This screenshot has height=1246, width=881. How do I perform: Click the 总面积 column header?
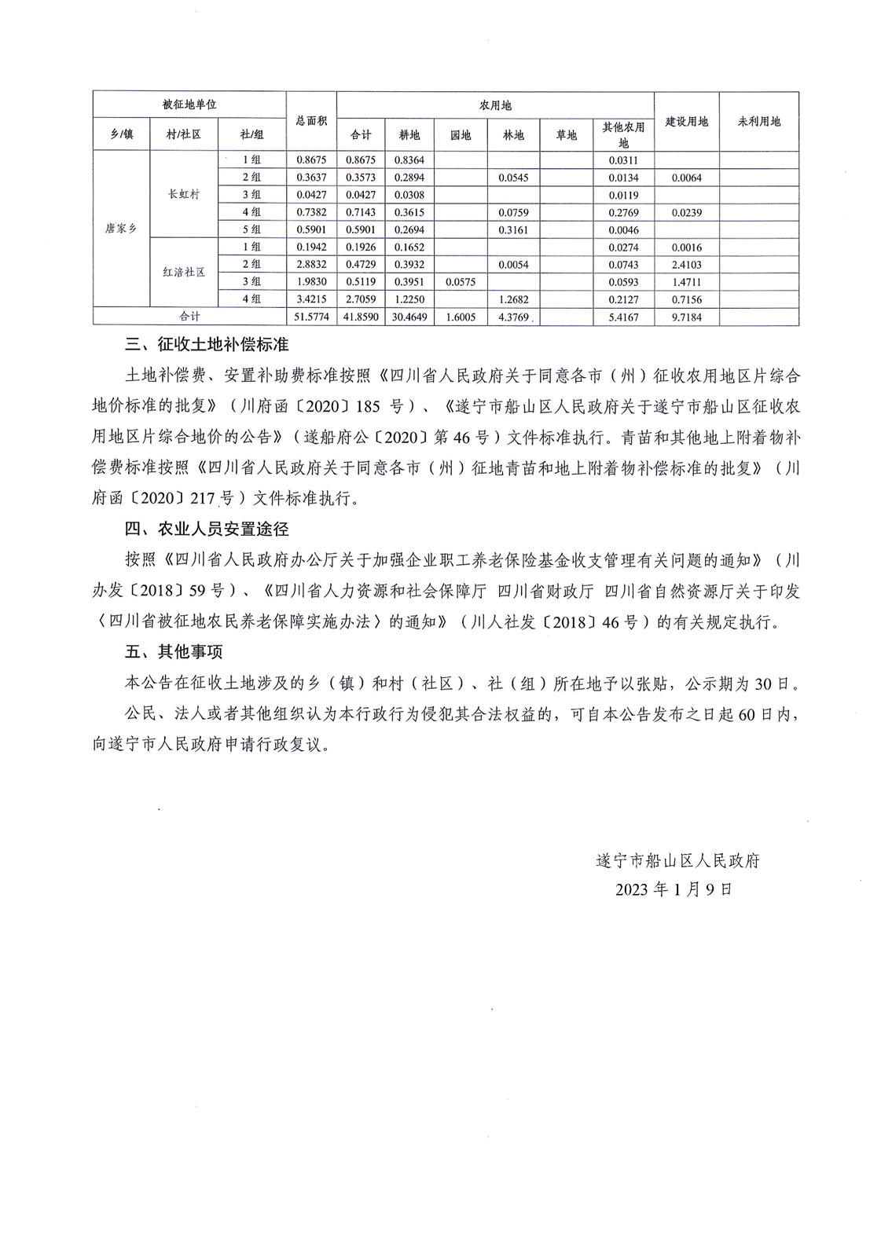pyautogui.click(x=311, y=121)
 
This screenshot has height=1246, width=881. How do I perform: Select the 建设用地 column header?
pyautogui.click(x=686, y=121)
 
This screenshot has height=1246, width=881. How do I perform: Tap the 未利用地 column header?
pyautogui.click(x=758, y=121)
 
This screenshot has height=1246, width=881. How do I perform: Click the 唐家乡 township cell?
pyautogui.click(x=121, y=229)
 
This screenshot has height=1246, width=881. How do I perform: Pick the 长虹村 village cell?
pyautogui.click(x=184, y=194)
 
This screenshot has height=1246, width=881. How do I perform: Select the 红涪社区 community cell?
pyautogui.click(x=184, y=272)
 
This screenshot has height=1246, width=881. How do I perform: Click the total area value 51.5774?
pyautogui.click(x=311, y=317)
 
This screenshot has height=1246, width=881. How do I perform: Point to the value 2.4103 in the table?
pyautogui.click(x=686, y=264)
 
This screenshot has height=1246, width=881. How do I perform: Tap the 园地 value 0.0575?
pyautogui.click(x=461, y=281)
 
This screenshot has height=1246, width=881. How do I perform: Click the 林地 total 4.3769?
pyautogui.click(x=513, y=317)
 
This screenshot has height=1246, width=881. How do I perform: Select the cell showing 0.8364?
pyautogui.click(x=409, y=159)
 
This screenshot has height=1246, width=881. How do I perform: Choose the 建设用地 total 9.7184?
pyautogui.click(x=686, y=317)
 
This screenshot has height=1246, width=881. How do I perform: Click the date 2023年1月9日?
pyautogui.click(x=674, y=889)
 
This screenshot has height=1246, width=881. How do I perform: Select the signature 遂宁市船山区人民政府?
pyautogui.click(x=677, y=860)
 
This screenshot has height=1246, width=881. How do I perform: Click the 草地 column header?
pyautogui.click(x=566, y=135)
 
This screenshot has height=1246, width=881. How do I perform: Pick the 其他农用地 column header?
pyautogui.click(x=623, y=134)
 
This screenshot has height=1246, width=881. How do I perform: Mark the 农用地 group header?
pyautogui.click(x=495, y=105)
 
